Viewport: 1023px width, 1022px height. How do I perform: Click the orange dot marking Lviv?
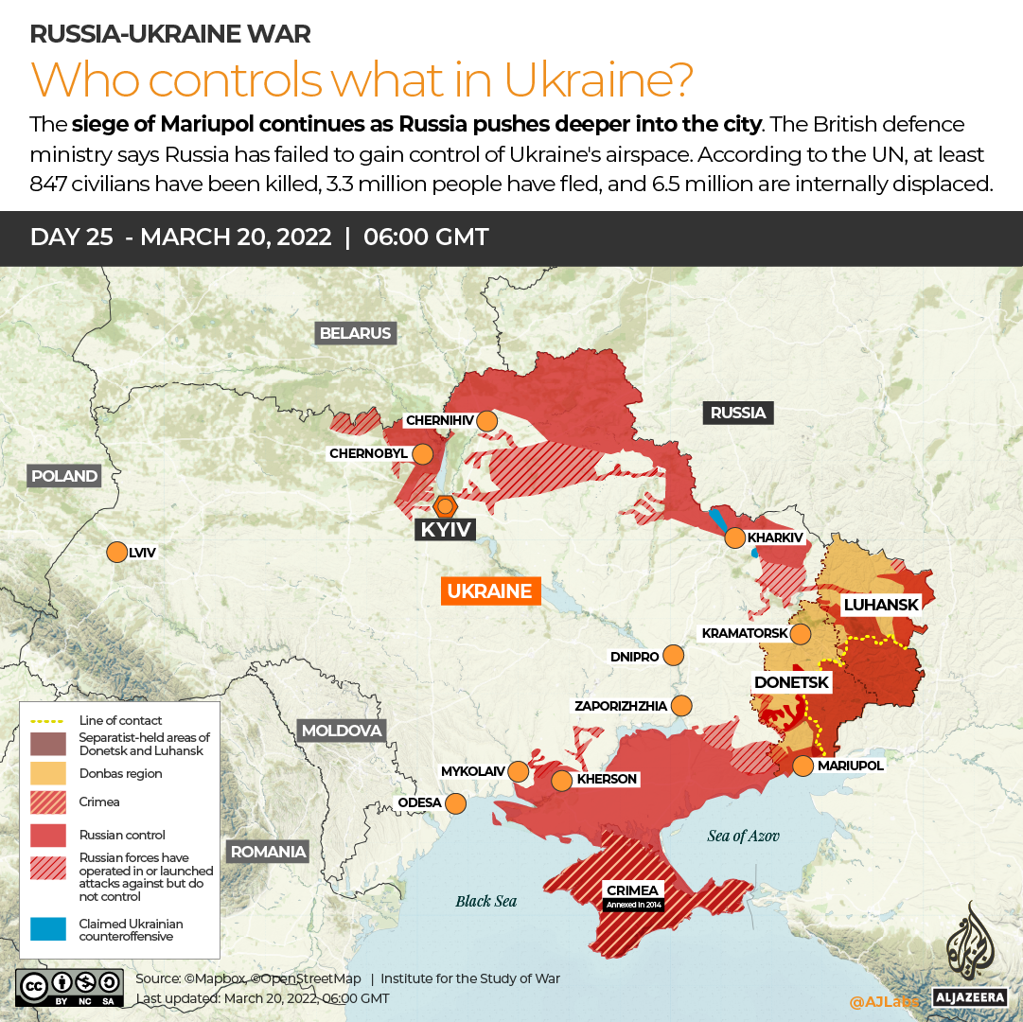point(117,552)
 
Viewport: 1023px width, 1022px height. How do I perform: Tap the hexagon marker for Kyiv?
point(444,504)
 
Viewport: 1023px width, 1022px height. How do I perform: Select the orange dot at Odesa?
point(455,803)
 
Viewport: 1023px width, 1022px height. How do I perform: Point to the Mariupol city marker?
point(803,766)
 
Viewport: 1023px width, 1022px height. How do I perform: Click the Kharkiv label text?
point(775,537)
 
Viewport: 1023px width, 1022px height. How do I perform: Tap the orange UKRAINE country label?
point(489,591)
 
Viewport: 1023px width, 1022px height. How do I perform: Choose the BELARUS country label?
point(355,333)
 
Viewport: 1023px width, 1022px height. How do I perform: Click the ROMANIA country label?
point(269,851)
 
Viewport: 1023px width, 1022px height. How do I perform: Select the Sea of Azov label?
point(744,836)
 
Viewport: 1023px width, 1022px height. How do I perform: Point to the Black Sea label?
point(486,901)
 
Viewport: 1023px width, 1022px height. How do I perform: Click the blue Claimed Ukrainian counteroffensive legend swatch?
point(47,929)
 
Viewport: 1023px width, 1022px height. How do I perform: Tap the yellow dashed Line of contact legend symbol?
point(47,720)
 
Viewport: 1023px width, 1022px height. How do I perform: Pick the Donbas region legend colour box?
point(47,773)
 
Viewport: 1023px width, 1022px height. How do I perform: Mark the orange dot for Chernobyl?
point(422,453)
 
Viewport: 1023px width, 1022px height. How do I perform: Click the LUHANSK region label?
point(881,604)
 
